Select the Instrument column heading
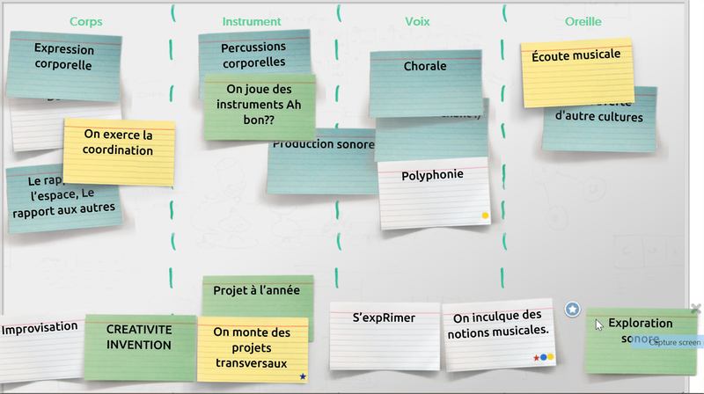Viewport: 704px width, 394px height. [x=252, y=21]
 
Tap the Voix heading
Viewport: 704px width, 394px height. [x=417, y=21]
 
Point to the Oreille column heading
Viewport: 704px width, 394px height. [x=583, y=21]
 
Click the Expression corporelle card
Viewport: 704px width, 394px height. [x=63, y=57]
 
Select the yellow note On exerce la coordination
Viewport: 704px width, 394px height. [x=119, y=143]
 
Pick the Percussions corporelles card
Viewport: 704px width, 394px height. [x=253, y=54]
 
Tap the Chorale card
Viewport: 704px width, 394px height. [x=425, y=67]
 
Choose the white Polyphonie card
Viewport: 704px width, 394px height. [x=432, y=176]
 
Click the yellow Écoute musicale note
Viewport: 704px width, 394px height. [x=576, y=55]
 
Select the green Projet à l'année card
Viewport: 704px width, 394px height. [x=257, y=290]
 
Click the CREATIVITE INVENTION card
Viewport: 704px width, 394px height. [x=139, y=338]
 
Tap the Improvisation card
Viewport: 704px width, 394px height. [x=40, y=328]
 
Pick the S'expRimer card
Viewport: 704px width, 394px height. [x=384, y=318]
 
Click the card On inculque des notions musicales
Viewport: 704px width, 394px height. [x=498, y=324]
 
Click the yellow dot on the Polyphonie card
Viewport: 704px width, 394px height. [x=484, y=215]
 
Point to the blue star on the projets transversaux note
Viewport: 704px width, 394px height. [x=303, y=376]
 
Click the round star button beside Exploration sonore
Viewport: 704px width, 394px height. [x=573, y=309]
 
